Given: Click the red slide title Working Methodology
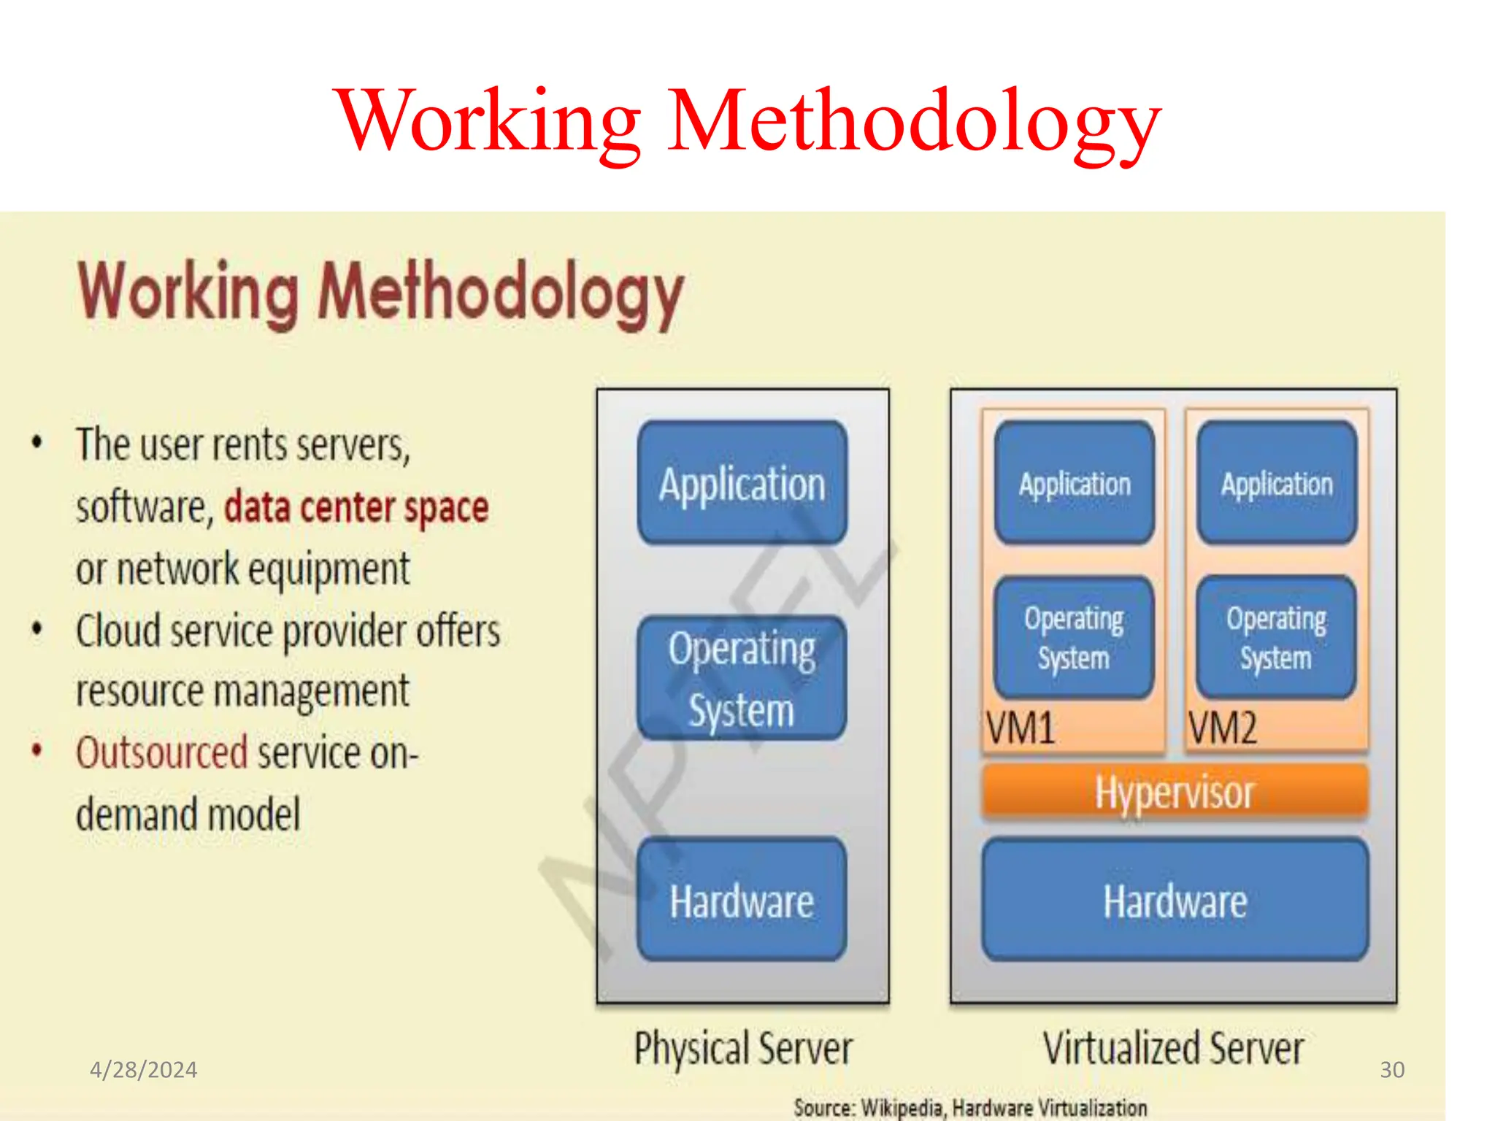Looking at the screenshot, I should [747, 120].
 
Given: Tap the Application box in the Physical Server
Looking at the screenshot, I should [742, 483].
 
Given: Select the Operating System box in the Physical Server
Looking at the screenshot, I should [742, 678].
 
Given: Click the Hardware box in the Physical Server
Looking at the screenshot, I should [742, 900].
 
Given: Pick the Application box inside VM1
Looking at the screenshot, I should [1075, 483].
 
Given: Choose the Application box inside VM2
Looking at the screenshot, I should [1277, 483].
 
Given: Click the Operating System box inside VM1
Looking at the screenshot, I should [1074, 638].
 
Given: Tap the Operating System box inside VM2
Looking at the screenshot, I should [1276, 638].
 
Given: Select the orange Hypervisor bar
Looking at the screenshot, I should [1175, 792].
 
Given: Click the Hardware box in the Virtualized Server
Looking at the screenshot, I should [1175, 900].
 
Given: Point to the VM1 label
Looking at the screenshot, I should [1021, 728].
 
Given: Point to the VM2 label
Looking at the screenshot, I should [1223, 728].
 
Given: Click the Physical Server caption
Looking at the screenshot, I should [743, 1049].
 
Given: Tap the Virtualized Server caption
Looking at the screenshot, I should [1173, 1049].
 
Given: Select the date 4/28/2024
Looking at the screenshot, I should [143, 1070].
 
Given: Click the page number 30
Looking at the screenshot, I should [1392, 1070].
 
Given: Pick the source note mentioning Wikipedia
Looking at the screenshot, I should [970, 1107].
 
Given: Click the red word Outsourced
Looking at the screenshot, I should [162, 752].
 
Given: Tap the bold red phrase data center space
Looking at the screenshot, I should [356, 507].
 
